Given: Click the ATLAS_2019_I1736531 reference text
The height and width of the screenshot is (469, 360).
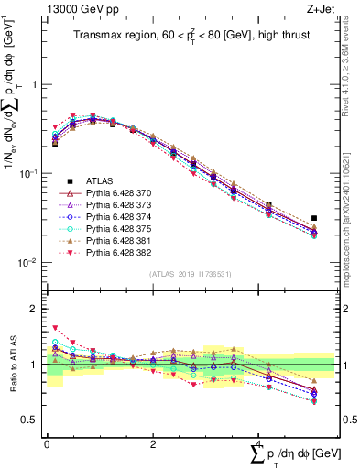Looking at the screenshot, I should point(190,275).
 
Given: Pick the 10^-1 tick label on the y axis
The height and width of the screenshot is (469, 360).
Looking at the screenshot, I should point(27,174).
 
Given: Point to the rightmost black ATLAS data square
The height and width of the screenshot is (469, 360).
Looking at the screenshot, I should point(314,219).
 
